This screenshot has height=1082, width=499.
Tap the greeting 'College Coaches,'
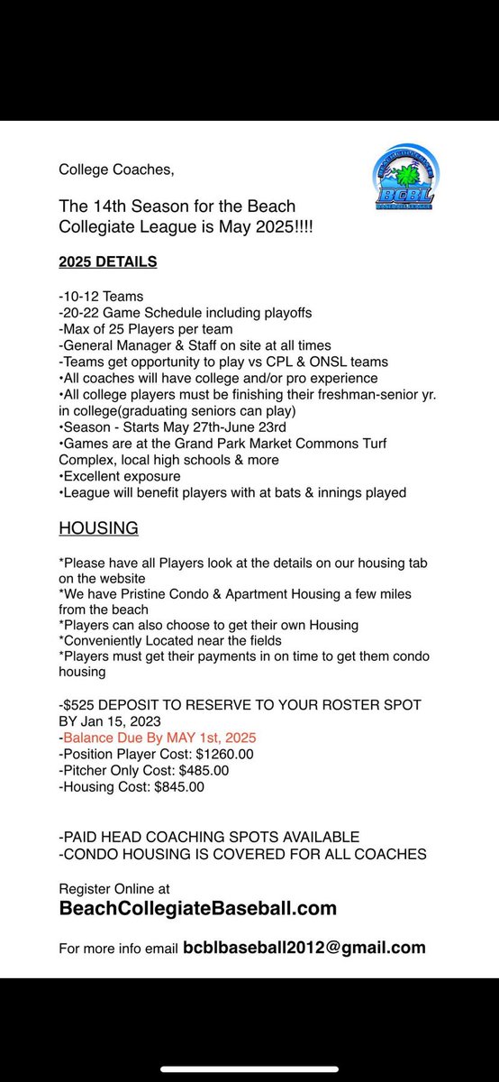(x=104, y=170)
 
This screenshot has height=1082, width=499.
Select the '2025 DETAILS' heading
(x=107, y=261)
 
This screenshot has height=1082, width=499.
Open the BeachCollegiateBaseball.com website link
(x=197, y=908)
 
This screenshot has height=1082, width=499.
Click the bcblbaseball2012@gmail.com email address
(x=304, y=948)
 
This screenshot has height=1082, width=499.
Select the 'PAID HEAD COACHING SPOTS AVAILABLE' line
(x=209, y=837)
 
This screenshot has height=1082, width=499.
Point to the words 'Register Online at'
(x=113, y=888)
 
